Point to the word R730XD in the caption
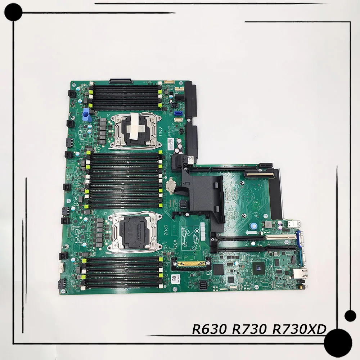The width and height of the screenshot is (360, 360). pos(306,329)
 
